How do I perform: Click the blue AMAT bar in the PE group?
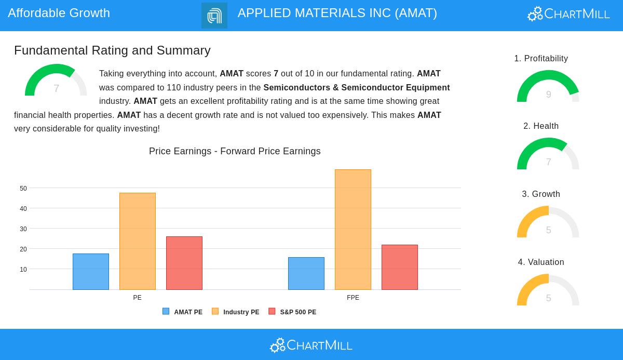pos(91,272)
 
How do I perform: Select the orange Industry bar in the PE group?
pos(138,242)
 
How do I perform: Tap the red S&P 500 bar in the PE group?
pos(184,263)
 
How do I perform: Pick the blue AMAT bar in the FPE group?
pos(306,274)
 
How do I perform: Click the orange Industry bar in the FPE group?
pos(353,230)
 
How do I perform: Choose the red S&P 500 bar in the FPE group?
pos(400,268)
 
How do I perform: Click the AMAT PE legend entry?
pos(182,312)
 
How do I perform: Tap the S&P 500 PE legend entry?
pos(292,312)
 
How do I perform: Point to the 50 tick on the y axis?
pos(23,189)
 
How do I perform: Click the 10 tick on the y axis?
pos(23,270)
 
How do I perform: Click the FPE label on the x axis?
pos(353,298)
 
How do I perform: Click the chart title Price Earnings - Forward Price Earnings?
pos(235,151)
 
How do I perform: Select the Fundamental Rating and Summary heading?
pos(112,50)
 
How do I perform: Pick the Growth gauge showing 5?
pos(548,223)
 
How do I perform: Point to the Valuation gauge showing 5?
pos(548,291)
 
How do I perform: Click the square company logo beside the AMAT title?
pos(214,16)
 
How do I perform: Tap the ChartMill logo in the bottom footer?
pos(311,345)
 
